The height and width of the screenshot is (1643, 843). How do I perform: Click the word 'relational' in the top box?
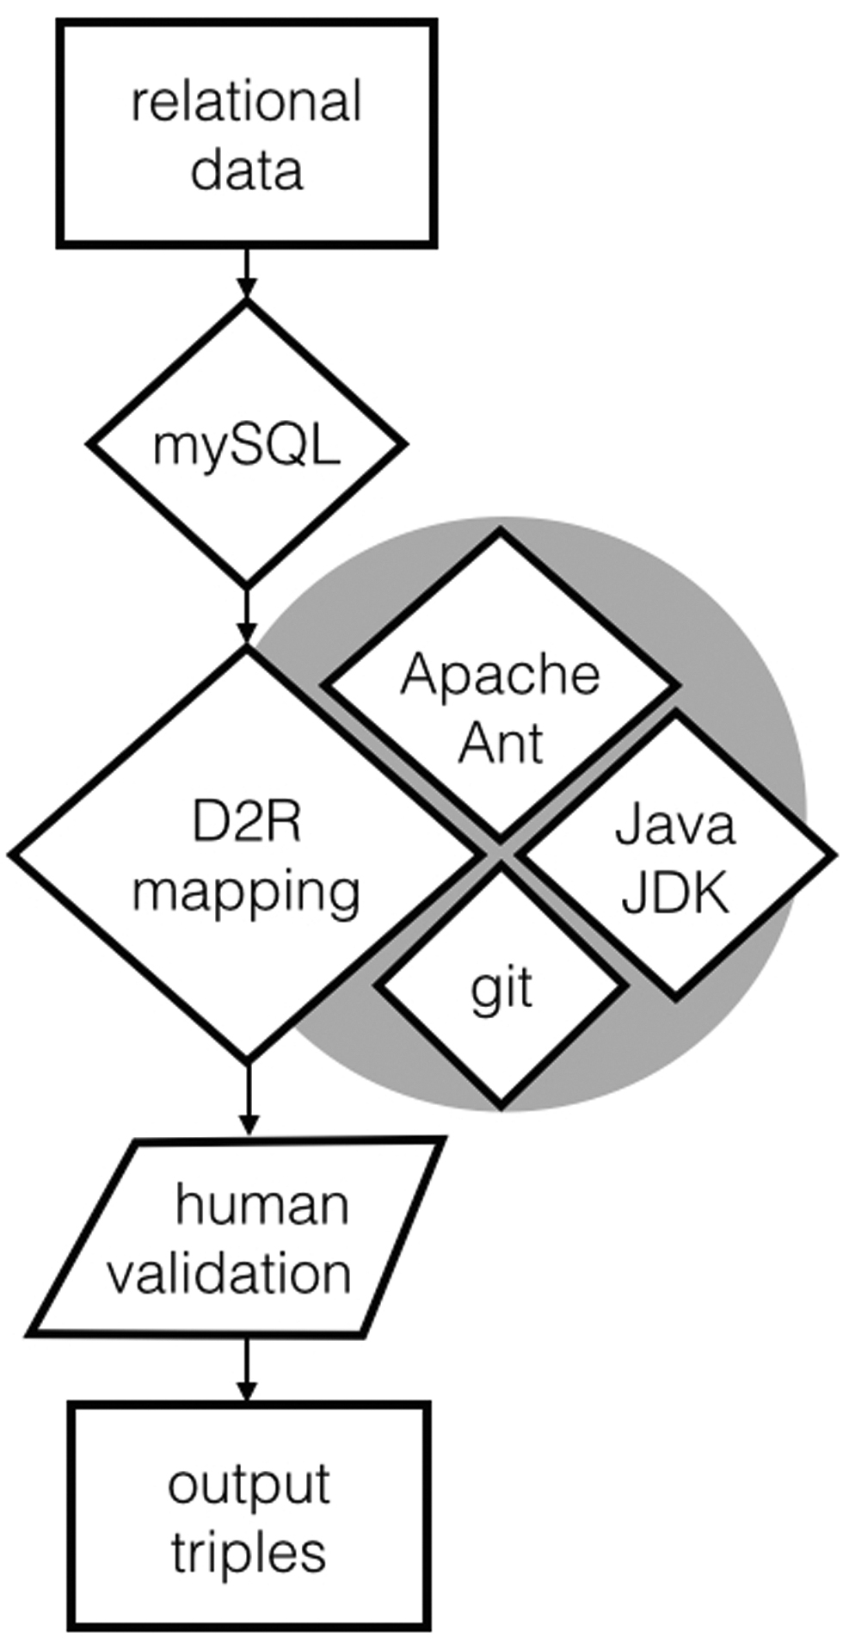click(246, 102)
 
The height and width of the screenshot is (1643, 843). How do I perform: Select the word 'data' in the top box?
click(246, 170)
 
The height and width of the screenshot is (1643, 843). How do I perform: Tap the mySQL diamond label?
click(246, 446)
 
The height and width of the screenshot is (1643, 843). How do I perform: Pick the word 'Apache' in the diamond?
click(500, 674)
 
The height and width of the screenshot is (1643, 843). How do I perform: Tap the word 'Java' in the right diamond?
click(675, 825)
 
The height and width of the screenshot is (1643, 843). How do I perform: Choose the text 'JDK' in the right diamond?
click(675, 893)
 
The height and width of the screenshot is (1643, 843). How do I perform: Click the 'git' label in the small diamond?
click(501, 988)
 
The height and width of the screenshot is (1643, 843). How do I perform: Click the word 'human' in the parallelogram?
click(262, 1204)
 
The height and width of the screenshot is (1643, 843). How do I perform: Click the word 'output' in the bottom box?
click(249, 1485)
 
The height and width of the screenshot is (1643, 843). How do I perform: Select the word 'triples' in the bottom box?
click(249, 1552)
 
